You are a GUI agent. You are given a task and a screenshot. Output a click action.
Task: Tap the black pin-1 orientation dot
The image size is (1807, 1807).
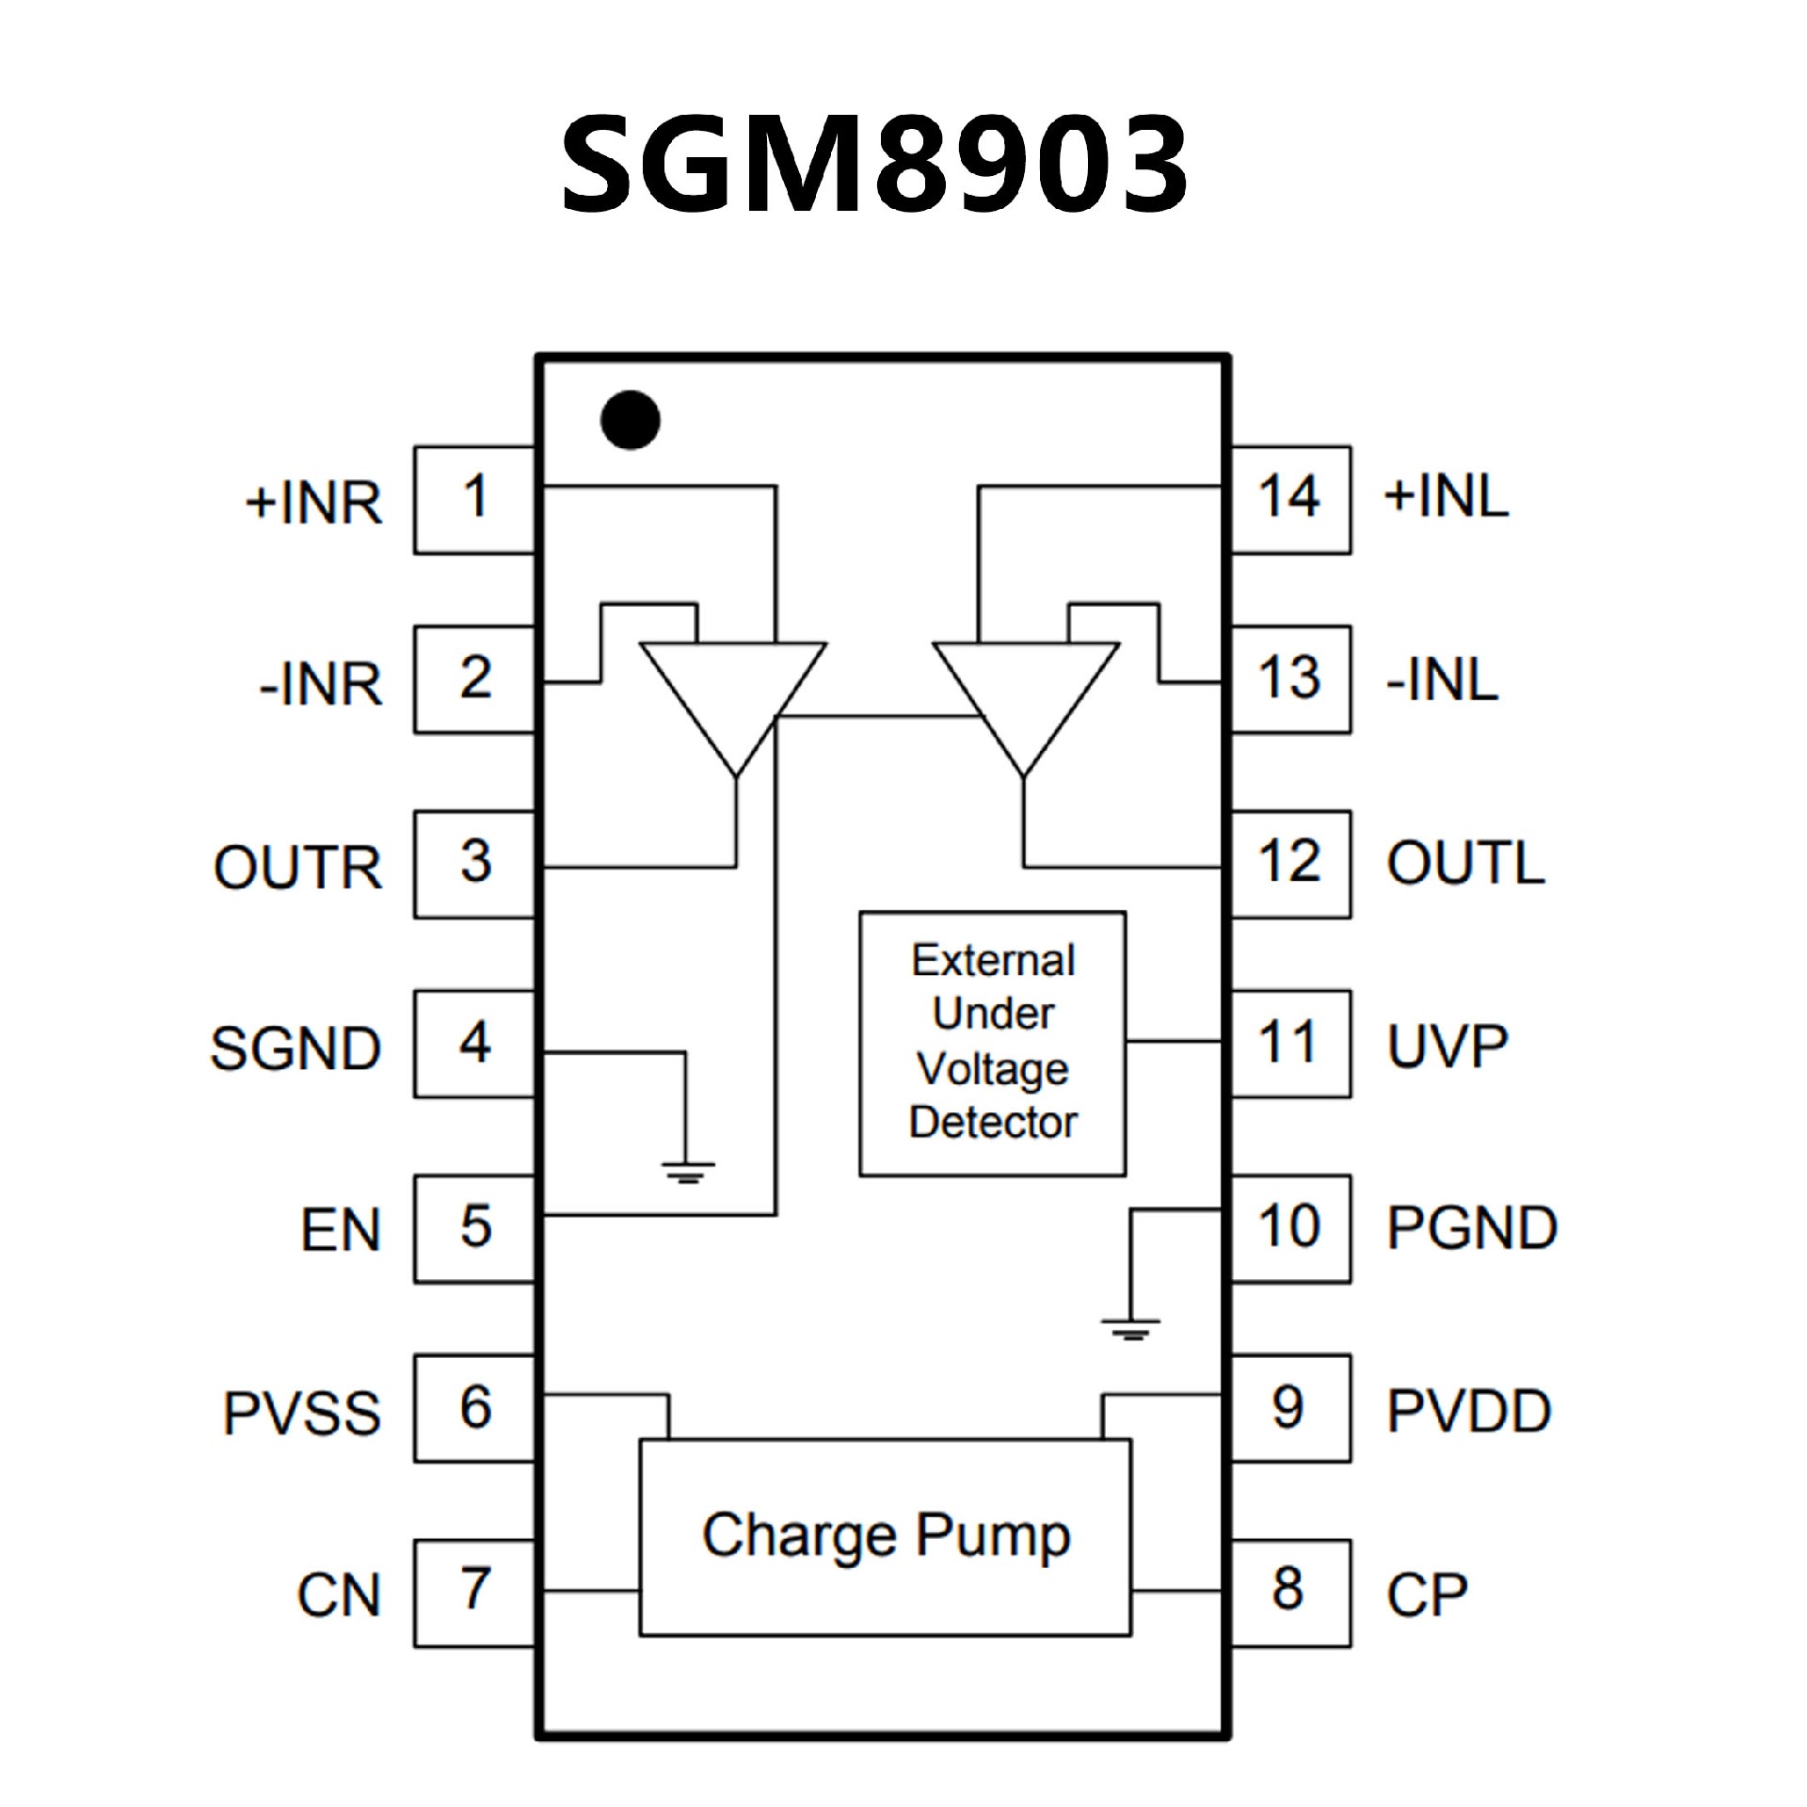click(631, 420)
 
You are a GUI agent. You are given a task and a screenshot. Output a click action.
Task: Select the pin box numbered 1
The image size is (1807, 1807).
click(474, 500)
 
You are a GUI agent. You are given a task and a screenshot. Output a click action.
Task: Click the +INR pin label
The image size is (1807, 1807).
click(314, 502)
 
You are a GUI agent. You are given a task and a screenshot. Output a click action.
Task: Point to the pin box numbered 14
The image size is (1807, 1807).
click(1290, 500)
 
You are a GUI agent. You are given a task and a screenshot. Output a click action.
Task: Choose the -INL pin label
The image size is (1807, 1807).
click(1442, 680)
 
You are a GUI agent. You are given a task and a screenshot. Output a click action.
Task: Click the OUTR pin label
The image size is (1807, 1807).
click(298, 866)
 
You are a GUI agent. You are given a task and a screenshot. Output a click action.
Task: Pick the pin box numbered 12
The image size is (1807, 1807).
click(1290, 864)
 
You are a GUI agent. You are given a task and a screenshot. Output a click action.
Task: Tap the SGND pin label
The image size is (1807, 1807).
click(296, 1047)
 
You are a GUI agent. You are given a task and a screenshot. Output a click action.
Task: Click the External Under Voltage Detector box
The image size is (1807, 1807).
click(992, 1043)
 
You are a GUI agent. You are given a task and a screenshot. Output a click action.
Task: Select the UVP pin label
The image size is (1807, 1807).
click(1447, 1045)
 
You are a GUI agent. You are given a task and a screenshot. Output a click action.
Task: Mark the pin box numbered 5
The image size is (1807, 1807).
click(474, 1228)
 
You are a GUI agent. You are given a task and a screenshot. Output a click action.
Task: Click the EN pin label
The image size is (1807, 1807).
click(341, 1230)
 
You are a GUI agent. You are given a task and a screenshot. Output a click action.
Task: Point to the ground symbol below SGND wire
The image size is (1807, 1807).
click(688, 1173)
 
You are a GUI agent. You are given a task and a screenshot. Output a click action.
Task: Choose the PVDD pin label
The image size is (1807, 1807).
click(1468, 1410)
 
